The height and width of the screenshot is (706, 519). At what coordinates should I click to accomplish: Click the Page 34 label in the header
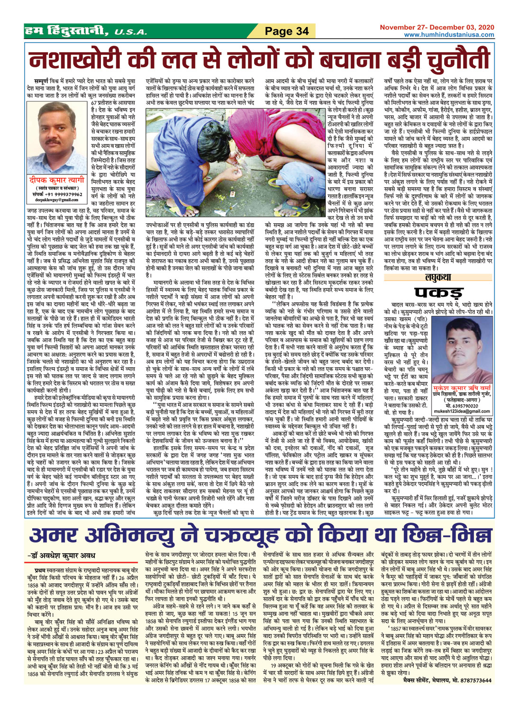pyautogui.click(x=287, y=32)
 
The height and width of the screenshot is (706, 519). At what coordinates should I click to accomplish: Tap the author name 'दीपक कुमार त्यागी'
pyautogui.click(x=57, y=180)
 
